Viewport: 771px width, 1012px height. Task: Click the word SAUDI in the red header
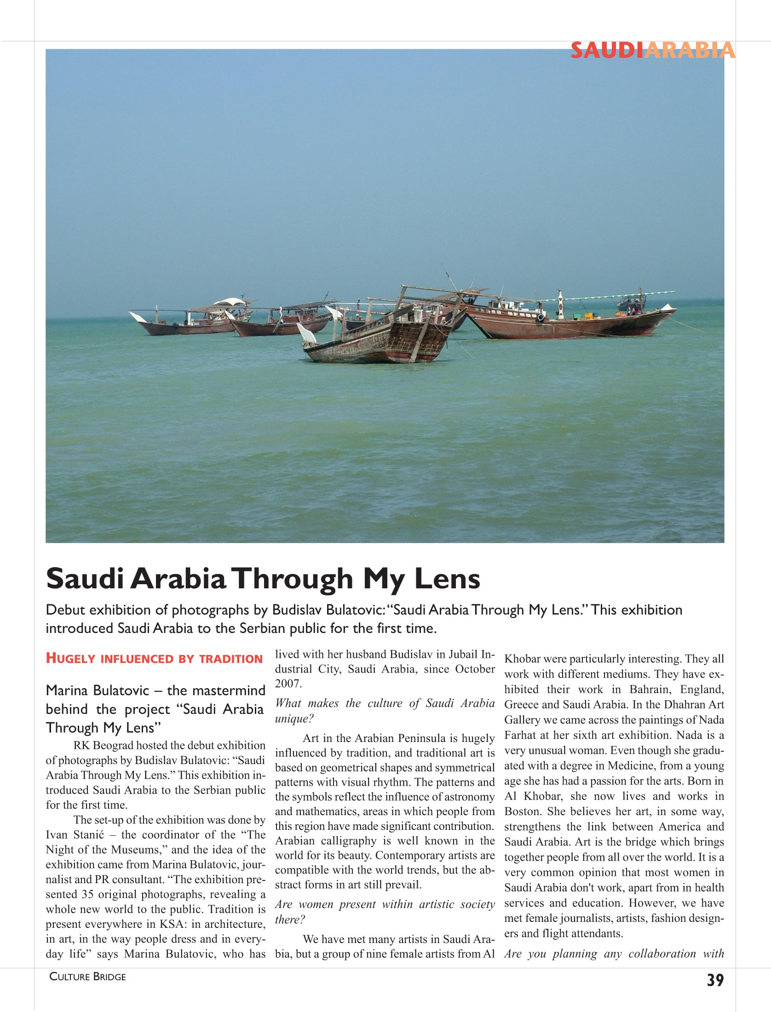click(x=607, y=51)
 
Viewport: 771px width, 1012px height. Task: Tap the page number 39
click(x=715, y=980)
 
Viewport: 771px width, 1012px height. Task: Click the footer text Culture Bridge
click(x=87, y=977)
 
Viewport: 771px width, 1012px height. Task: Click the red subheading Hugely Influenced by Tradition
click(x=154, y=659)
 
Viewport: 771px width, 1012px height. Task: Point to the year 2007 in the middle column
click(x=288, y=684)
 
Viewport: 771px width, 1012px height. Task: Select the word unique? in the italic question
click(x=294, y=719)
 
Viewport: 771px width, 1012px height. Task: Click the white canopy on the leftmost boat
click(x=230, y=302)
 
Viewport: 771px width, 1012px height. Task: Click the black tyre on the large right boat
click(x=540, y=317)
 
